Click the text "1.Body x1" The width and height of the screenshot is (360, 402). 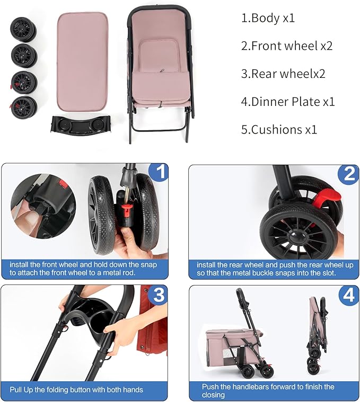click(268, 18)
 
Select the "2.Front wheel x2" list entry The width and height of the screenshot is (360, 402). click(287, 46)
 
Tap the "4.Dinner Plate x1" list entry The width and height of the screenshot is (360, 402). click(288, 102)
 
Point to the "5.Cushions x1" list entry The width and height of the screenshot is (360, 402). click(279, 129)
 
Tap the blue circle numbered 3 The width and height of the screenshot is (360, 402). click(159, 294)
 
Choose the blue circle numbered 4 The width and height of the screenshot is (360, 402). click(348, 296)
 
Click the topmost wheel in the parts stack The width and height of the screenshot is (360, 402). click(23, 30)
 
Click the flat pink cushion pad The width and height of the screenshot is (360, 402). click(82, 61)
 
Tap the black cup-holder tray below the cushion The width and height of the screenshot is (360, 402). click(81, 124)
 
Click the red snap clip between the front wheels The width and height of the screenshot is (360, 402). click(127, 207)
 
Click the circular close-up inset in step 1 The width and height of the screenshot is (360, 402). click(43, 206)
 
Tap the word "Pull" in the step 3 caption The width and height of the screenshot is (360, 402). click(16, 390)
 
